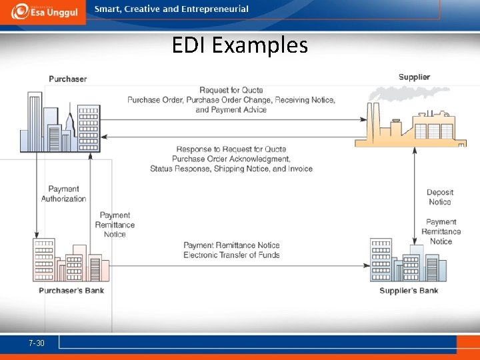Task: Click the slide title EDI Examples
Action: (239, 45)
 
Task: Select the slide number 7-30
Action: (37, 343)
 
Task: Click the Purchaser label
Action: (67, 79)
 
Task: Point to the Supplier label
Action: (414, 77)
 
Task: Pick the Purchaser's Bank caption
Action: (71, 291)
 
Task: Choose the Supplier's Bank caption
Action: (409, 291)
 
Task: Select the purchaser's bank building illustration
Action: (70, 261)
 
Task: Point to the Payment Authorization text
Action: (64, 193)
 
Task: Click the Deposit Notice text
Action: (439, 197)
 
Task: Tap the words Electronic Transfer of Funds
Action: (231, 255)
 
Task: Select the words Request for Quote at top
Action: (231, 90)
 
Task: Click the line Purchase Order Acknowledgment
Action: (231, 159)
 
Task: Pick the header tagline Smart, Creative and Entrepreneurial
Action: (171, 9)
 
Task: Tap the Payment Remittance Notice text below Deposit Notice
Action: (441, 231)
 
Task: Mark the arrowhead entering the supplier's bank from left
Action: (366, 264)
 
